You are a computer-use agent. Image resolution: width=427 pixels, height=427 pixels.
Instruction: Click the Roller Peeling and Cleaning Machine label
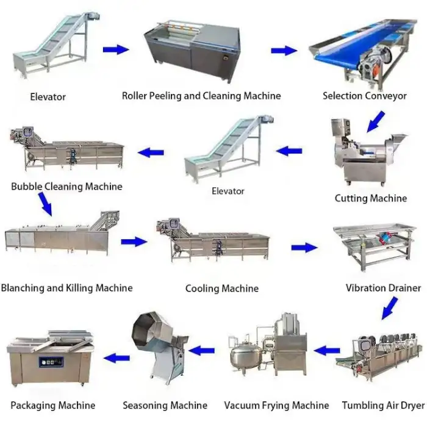click(201, 96)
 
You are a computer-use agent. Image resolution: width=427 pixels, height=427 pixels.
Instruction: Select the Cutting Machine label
click(370, 198)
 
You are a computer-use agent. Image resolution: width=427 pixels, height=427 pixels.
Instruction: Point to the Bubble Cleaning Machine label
click(66, 187)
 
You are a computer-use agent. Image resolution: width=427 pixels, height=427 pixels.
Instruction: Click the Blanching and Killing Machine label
click(66, 287)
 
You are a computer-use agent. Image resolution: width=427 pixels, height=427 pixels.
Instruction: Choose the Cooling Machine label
click(222, 288)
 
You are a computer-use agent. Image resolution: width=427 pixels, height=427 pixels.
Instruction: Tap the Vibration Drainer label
click(383, 287)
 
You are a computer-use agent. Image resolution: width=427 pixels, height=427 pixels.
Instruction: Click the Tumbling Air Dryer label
click(383, 405)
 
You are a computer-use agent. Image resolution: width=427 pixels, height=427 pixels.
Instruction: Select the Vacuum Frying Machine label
click(276, 405)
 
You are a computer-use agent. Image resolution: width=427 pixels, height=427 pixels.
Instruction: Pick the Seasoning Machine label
click(165, 405)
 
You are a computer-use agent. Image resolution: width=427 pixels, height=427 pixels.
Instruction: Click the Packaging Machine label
click(53, 405)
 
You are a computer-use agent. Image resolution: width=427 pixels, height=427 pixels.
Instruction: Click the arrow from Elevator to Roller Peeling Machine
click(115, 49)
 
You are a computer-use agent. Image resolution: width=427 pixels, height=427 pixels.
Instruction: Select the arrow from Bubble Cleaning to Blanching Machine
click(44, 203)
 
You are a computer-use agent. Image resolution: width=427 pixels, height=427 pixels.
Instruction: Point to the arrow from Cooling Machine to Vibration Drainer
click(304, 248)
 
